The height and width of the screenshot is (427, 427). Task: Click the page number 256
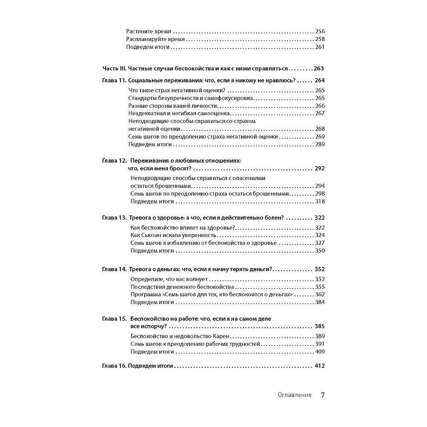click(x=319, y=31)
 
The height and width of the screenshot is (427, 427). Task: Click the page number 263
click(x=319, y=68)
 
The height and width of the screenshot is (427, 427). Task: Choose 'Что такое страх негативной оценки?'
click(x=177, y=90)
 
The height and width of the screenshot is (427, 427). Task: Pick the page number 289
click(x=319, y=144)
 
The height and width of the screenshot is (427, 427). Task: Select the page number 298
click(x=319, y=194)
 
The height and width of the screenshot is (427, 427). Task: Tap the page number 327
click(x=319, y=243)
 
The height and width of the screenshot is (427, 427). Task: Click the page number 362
click(x=319, y=295)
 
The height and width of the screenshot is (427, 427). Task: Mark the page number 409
click(x=319, y=352)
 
